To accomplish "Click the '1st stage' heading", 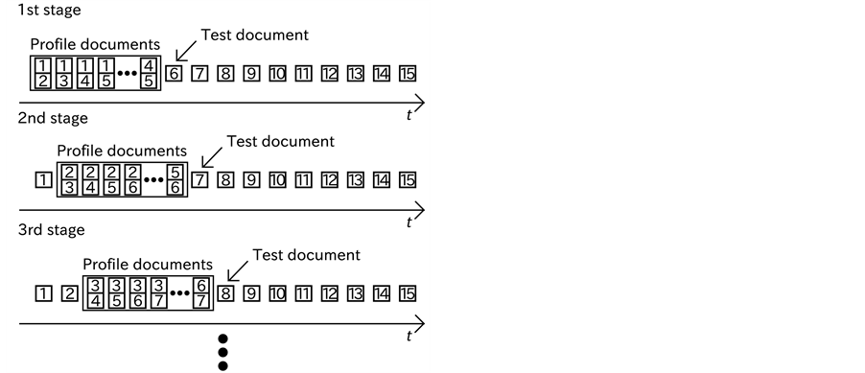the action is [42, 11].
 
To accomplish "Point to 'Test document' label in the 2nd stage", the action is [280, 141].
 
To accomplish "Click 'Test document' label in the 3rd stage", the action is [306, 255].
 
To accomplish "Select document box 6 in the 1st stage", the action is [174, 73].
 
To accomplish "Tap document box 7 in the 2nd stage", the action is [199, 179].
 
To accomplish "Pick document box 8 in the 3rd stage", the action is [225, 292].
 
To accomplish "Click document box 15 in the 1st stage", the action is [408, 73].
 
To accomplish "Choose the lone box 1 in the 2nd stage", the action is [40, 179].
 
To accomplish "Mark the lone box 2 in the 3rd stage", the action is [67, 292].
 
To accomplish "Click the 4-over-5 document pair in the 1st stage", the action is [148, 73].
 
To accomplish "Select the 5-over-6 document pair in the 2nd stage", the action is [175, 179].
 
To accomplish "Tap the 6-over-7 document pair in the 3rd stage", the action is [200, 292].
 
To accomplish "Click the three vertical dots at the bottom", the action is [223, 353].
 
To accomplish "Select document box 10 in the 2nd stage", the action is [277, 179].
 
